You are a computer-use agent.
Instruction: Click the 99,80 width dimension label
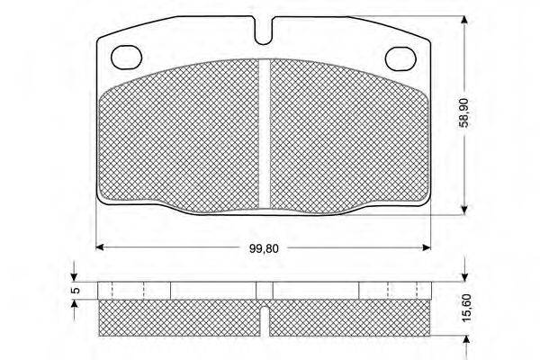point(264,248)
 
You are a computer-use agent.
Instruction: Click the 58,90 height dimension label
point(464,112)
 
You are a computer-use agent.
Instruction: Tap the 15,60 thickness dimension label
point(466,308)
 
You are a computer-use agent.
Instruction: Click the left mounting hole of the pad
point(127,57)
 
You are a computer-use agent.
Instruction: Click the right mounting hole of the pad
point(400,58)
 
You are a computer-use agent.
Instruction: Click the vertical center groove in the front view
point(265,134)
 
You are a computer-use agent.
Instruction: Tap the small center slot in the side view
point(264,320)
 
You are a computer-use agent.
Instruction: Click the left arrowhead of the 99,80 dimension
point(100,247)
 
